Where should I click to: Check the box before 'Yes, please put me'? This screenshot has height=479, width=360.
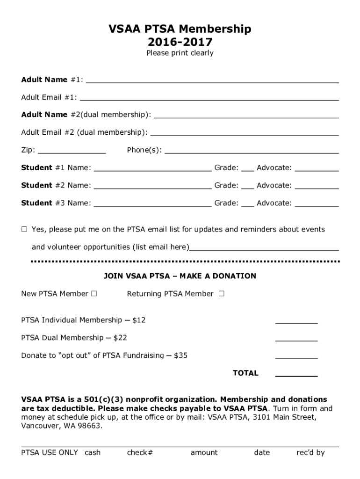[24, 230]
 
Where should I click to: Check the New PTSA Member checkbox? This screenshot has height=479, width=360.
[94, 294]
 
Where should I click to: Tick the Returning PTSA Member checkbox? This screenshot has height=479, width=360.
[221, 294]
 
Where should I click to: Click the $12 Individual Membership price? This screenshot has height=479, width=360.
[139, 320]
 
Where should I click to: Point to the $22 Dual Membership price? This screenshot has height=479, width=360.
[120, 338]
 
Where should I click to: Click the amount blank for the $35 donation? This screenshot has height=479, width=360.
[296, 357]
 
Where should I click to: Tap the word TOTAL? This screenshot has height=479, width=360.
[245, 373]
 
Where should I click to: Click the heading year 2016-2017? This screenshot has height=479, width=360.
[180, 42]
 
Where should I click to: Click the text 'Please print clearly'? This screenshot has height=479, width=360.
[180, 53]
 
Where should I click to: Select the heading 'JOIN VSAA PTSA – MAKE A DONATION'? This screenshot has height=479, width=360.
[180, 276]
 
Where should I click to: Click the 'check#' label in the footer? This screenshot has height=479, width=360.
[140, 452]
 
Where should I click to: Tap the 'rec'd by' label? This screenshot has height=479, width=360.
[310, 452]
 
